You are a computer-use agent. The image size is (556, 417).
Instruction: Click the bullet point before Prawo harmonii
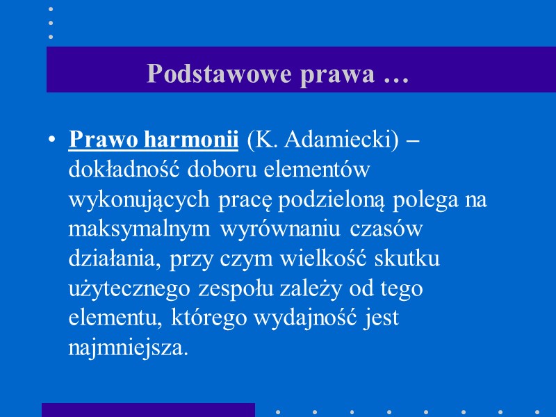52,140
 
